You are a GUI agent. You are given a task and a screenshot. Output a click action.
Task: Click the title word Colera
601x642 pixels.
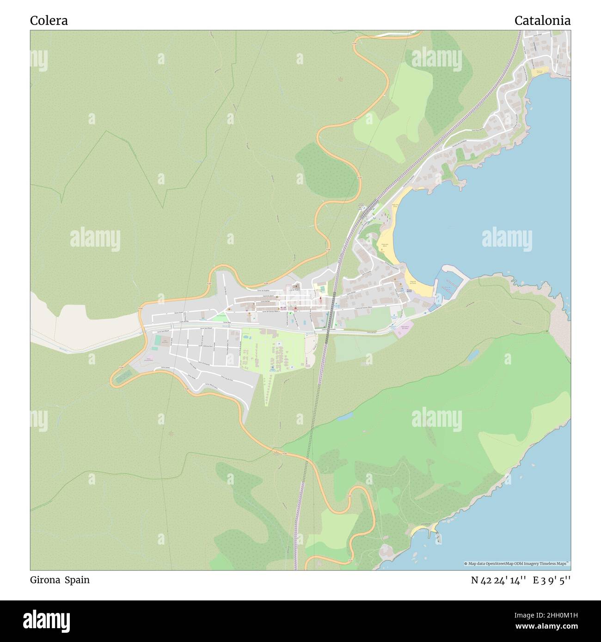coord(49,20)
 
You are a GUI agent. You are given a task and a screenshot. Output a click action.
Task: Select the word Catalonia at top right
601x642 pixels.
coord(542,20)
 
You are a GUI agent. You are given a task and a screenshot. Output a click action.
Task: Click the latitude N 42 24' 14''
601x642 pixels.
coord(498,581)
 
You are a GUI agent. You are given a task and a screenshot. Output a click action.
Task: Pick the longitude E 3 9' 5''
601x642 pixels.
coord(552,581)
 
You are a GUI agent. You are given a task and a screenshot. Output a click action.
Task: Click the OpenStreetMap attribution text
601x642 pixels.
coord(518,563)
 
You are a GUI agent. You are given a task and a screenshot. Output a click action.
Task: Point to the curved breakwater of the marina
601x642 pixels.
coord(455,273)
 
